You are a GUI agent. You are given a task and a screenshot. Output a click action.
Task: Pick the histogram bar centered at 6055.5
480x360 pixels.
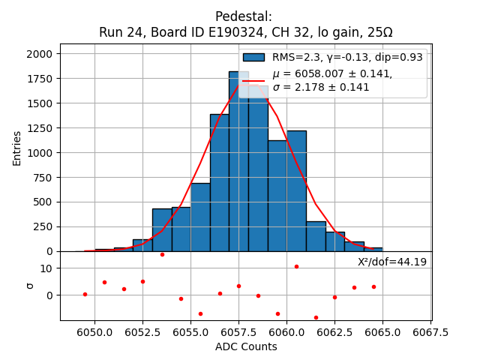coord(200,217)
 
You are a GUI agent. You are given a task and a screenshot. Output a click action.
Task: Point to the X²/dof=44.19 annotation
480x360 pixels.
coord(391,262)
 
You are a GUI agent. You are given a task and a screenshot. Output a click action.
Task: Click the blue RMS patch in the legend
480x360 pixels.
coord(253,57)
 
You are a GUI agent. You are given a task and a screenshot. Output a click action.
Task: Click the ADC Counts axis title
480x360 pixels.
coord(246,346)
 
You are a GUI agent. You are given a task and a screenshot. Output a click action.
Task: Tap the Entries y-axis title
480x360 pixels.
coord(17,148)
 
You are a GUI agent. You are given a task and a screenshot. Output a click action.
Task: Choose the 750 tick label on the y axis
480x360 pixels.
coord(43,177)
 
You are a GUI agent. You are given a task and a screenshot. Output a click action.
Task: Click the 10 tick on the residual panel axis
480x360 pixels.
coord(46,268)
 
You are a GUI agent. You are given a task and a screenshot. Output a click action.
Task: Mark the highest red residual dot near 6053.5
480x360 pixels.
coord(162,254)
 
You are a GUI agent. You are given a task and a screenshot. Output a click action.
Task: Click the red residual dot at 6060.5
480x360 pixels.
coord(296,266)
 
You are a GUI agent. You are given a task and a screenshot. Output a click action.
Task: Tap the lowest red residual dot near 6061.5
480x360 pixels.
coord(316,317)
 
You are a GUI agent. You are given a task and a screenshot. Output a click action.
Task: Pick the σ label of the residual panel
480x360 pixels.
coord(30,285)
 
